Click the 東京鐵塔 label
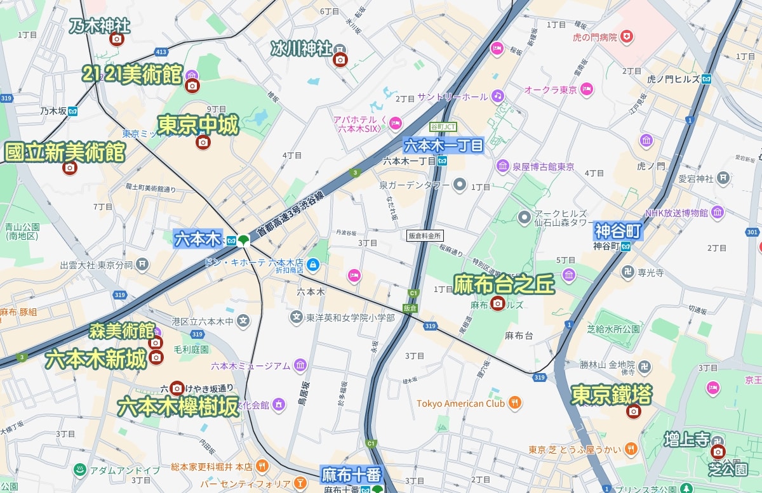click(612, 395)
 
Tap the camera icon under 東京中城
click(203, 142)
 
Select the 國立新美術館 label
click(65, 152)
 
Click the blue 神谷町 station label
click(618, 230)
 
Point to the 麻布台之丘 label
click(504, 285)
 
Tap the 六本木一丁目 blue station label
click(444, 145)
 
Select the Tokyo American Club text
click(460, 403)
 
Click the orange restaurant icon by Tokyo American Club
click(515, 402)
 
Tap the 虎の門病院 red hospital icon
click(627, 37)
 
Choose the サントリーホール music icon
click(498, 96)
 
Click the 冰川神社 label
click(301, 48)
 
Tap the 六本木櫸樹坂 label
click(177, 407)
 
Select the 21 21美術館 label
click(133, 74)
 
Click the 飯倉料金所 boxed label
click(425, 235)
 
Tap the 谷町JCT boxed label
click(443, 126)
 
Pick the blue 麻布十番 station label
click(351, 473)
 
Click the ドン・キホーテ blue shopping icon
click(312, 263)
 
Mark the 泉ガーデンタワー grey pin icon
click(460, 185)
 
